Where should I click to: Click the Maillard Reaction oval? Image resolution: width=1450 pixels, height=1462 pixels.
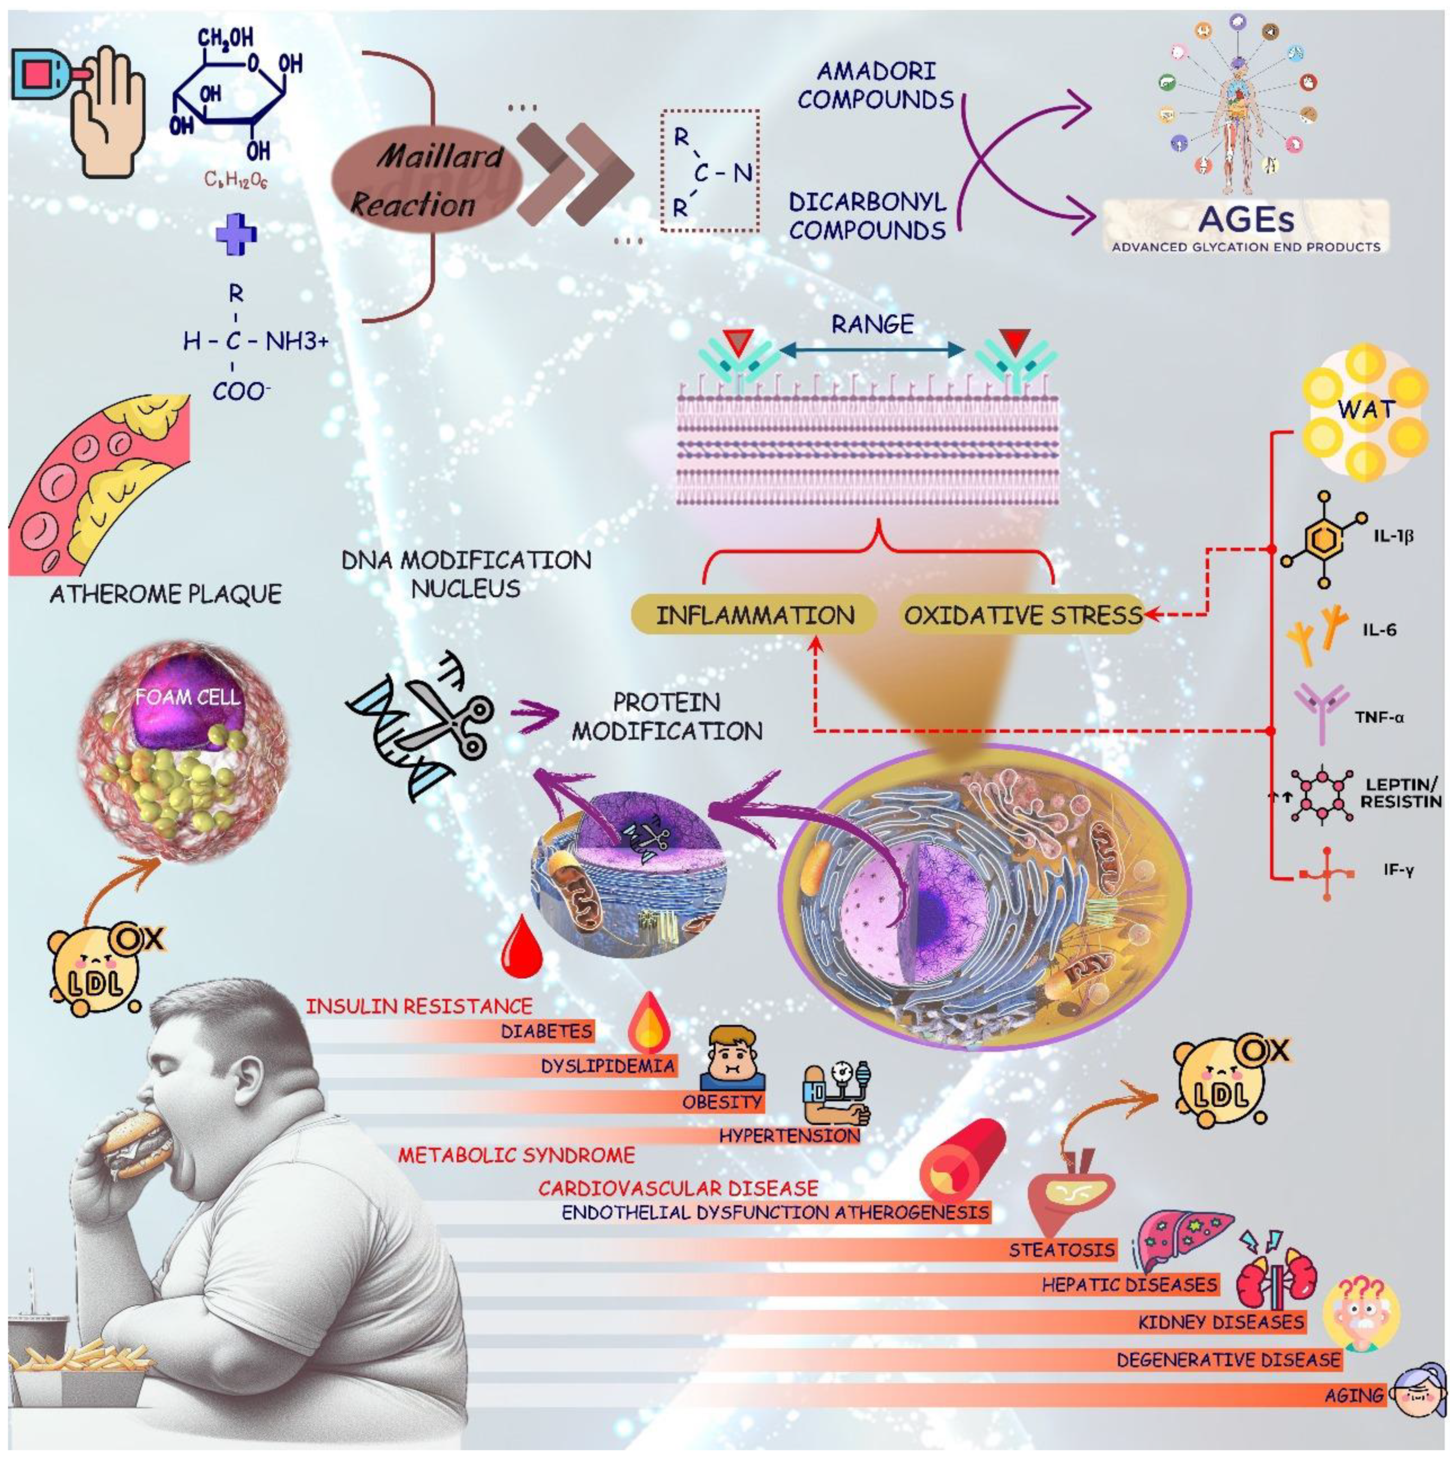tap(427, 180)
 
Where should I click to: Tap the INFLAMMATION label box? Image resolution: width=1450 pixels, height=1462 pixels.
tap(754, 614)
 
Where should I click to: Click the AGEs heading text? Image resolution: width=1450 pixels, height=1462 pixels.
tap(1246, 219)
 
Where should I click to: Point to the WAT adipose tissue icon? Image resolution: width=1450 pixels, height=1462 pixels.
tap(1365, 412)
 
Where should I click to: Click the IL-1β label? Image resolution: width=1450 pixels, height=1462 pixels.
tap(1393, 537)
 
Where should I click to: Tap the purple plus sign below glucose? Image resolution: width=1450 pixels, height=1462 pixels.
tap(237, 233)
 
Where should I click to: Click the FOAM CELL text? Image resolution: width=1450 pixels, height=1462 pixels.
tap(187, 696)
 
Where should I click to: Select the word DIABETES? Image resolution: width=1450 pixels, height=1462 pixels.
tap(546, 1031)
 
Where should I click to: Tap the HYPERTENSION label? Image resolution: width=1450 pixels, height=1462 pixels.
tap(789, 1135)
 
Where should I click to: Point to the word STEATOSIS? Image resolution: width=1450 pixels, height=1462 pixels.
tap(1061, 1250)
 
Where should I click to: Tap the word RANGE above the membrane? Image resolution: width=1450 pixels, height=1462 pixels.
tap(873, 325)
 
